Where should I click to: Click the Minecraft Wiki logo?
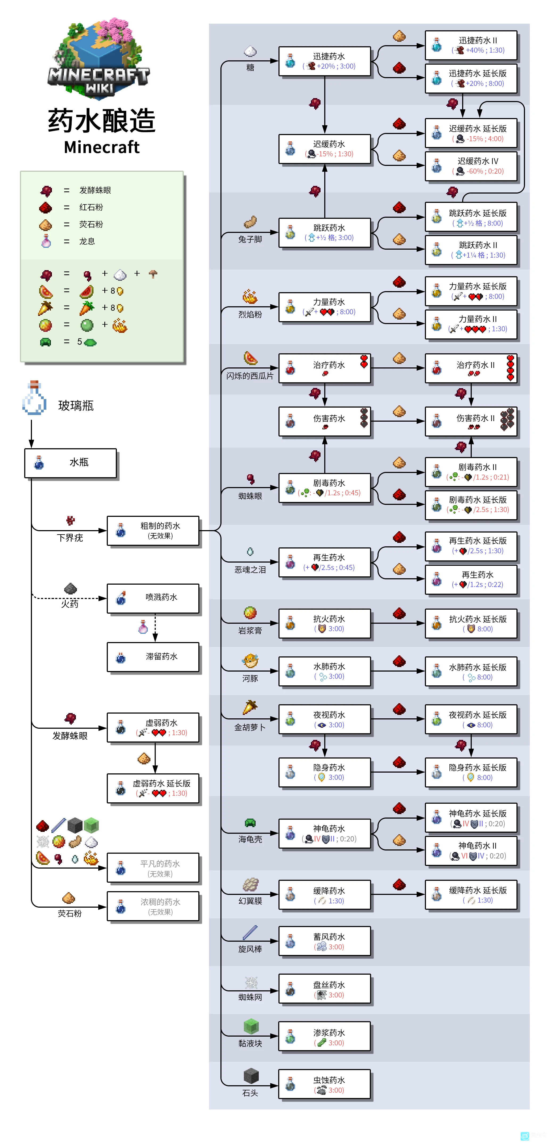pyautogui.click(x=99, y=58)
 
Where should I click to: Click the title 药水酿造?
pyautogui.click(x=102, y=121)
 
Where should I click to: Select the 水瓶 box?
pyautogui.click(x=71, y=463)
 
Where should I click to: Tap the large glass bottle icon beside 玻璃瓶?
pyautogui.click(x=34, y=398)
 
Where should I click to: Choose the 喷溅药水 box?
pyautogui.click(x=153, y=598)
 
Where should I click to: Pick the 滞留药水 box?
pyautogui.click(x=153, y=657)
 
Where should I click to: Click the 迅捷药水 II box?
pyautogui.click(x=471, y=45)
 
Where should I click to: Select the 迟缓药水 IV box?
pyautogui.click(x=471, y=166)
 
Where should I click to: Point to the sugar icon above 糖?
pyautogui.click(x=250, y=52)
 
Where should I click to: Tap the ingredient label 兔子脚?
pyautogui.click(x=250, y=239)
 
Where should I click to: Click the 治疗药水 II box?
pyautogui.click(x=471, y=368)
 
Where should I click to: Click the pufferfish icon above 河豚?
pyautogui.click(x=250, y=661)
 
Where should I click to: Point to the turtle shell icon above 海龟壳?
pyautogui.click(x=250, y=823)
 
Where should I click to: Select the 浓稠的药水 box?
pyautogui.click(x=153, y=906)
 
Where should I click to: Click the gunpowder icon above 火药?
pyautogui.click(x=70, y=589)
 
